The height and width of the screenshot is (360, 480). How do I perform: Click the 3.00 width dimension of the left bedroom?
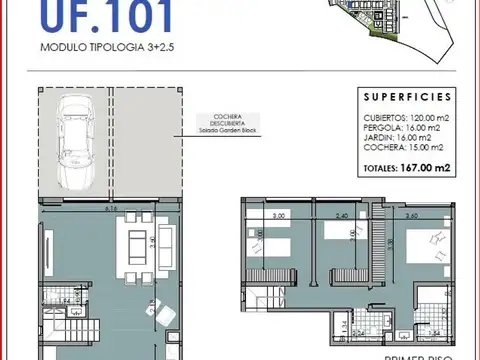click(280, 214)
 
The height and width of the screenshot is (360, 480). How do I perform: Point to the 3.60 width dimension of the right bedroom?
click(412, 214)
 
